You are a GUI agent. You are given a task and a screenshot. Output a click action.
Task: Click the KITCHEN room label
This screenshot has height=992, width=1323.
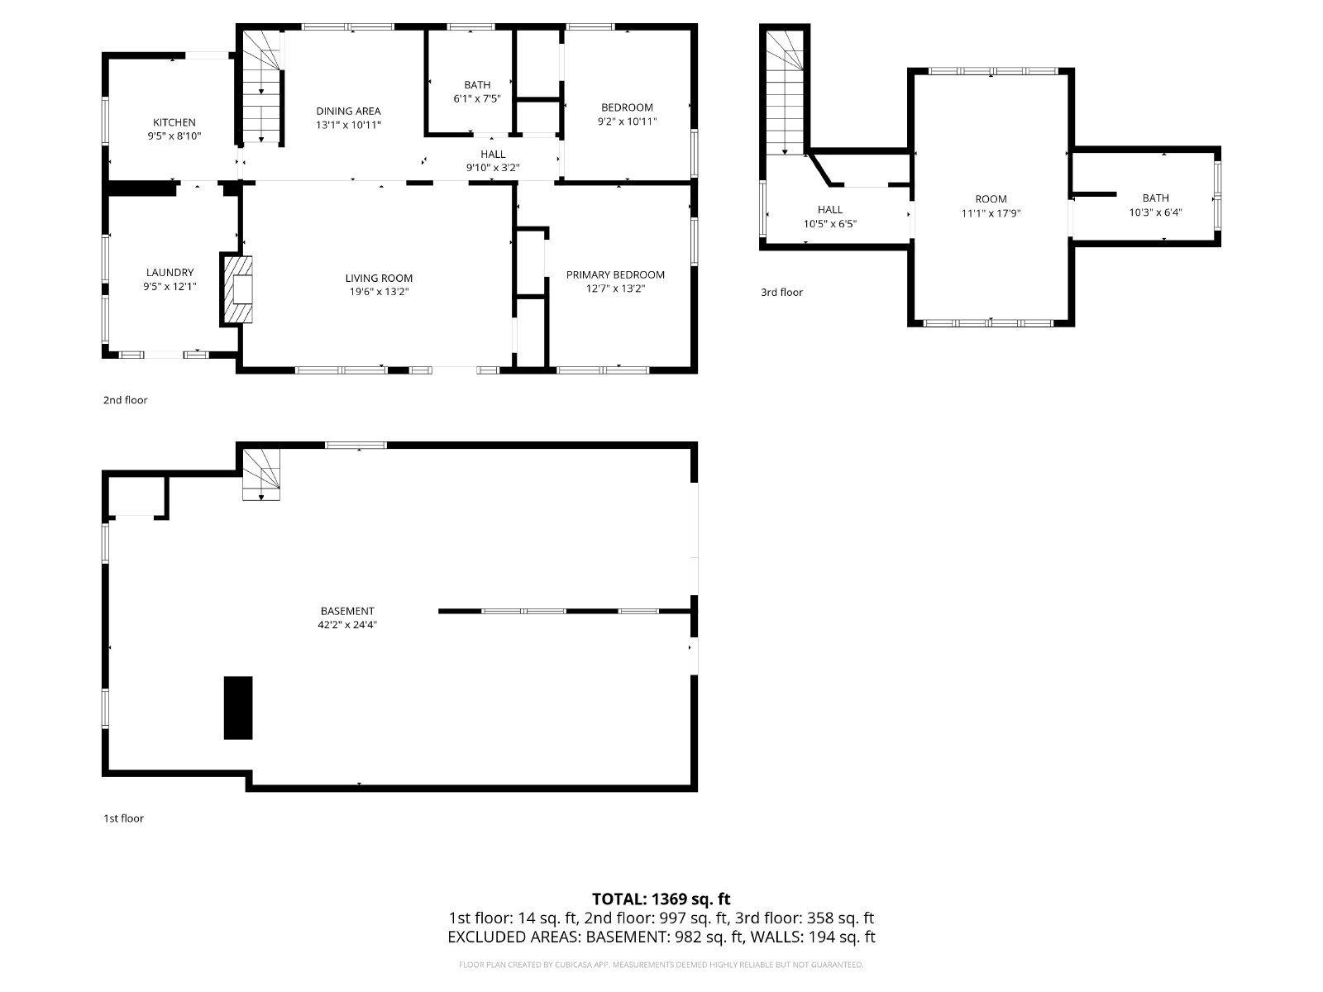[x=174, y=122]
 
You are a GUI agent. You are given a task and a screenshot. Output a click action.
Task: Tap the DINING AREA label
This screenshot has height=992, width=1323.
[x=348, y=111]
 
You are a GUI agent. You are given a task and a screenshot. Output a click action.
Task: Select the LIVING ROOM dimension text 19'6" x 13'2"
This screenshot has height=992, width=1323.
[x=379, y=292]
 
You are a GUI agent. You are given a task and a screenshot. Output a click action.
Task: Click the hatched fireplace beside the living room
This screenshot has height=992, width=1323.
[x=236, y=289]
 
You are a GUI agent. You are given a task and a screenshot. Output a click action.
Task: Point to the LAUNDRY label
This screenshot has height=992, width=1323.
[x=170, y=272]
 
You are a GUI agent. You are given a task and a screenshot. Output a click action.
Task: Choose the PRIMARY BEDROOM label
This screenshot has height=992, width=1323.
[x=615, y=274]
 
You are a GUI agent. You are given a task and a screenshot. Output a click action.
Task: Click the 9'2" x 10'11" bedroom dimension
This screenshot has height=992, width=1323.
[x=627, y=121]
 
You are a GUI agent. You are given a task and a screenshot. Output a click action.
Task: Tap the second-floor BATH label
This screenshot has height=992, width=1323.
[x=477, y=85]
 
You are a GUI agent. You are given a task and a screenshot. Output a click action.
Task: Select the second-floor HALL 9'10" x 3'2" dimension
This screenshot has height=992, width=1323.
[x=493, y=168]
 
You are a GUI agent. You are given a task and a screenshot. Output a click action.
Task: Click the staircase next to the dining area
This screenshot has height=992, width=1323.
[x=261, y=88]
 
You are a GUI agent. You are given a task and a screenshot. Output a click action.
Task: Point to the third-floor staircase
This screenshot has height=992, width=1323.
[x=785, y=93]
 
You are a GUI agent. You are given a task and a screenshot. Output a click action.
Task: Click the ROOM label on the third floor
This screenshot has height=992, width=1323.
[x=991, y=198]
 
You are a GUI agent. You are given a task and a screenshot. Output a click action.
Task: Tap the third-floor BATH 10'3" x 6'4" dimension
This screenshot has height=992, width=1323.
[x=1155, y=212]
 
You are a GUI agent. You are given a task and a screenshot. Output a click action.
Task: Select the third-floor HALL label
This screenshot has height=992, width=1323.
[x=830, y=210]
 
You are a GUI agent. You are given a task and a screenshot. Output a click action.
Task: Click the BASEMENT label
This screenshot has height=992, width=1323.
[x=347, y=611]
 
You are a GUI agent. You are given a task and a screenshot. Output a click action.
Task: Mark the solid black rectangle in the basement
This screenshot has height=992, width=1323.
[x=238, y=708]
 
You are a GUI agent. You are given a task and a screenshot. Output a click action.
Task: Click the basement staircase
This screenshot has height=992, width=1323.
[x=261, y=475]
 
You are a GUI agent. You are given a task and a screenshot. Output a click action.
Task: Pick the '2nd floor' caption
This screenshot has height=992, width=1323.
[x=126, y=400]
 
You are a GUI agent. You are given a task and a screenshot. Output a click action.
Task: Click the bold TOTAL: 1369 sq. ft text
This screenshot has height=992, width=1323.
[x=661, y=899]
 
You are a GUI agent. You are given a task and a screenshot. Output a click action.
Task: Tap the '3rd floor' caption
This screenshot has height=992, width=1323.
[x=781, y=292]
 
